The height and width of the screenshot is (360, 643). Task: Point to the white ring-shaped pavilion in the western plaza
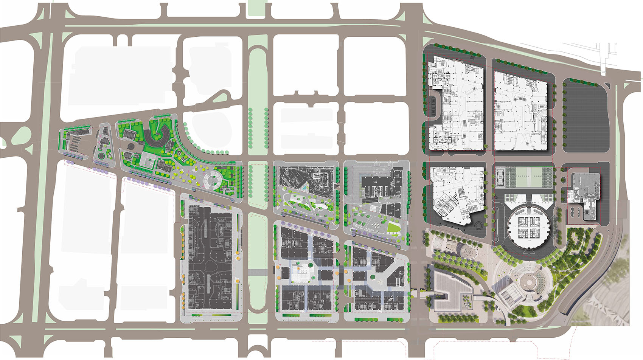213,180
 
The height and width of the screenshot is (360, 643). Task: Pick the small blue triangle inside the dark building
304,188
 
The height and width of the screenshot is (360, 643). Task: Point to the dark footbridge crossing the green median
258,272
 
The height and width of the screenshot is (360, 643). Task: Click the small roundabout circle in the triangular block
101,155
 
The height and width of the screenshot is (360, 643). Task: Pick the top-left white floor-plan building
456,104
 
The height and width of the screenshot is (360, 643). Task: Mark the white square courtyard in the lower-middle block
301,273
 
